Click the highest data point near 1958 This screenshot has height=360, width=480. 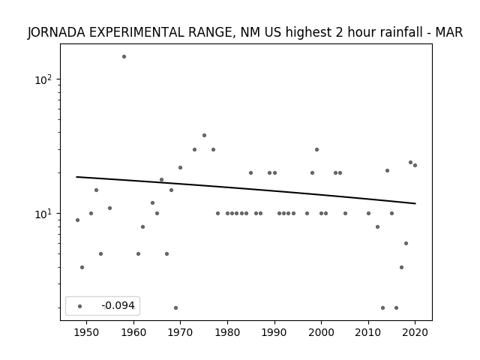[124, 57]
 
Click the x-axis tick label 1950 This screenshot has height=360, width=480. [87, 332]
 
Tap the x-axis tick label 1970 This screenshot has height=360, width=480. [180, 332]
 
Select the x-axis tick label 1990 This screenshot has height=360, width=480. [274, 332]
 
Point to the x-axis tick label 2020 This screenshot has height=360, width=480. [415, 332]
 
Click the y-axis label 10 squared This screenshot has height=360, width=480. [43, 79]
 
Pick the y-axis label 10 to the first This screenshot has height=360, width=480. [43, 214]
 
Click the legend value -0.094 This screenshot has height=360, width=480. [118, 305]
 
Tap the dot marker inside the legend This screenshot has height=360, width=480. [80, 306]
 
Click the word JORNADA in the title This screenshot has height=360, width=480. [57, 32]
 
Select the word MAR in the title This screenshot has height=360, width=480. [448, 32]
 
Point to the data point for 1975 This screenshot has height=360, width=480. [204, 135]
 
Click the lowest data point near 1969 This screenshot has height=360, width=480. [175, 307]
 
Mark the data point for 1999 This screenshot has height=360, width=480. [316, 150]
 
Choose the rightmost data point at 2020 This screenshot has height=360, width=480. [415, 165]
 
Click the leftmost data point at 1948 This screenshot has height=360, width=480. [77, 220]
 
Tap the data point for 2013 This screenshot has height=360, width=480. [382, 307]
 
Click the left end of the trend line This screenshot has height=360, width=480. [76, 177]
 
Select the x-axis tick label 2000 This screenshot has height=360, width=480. [321, 332]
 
